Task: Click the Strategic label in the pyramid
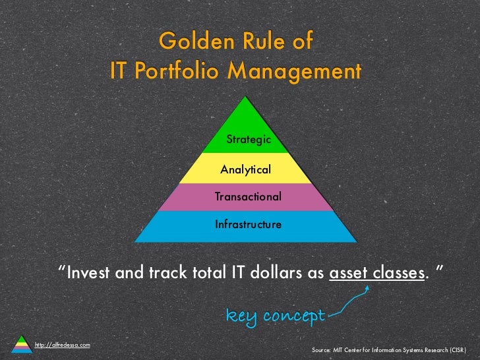249,139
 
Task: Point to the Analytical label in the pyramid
245,169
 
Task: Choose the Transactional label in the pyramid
248,196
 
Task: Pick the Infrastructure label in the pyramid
248,224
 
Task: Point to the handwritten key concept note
275,316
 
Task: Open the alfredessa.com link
62,345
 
